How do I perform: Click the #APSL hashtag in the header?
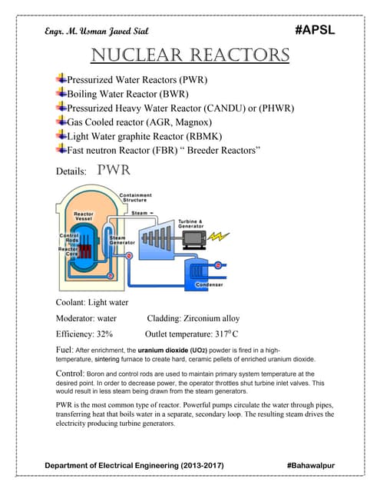pos(315,31)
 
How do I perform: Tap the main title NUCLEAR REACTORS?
pos(190,55)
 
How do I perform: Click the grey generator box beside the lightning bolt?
pos(197,236)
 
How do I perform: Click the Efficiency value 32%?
pos(101,334)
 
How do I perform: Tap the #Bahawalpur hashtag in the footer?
pos(310,466)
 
